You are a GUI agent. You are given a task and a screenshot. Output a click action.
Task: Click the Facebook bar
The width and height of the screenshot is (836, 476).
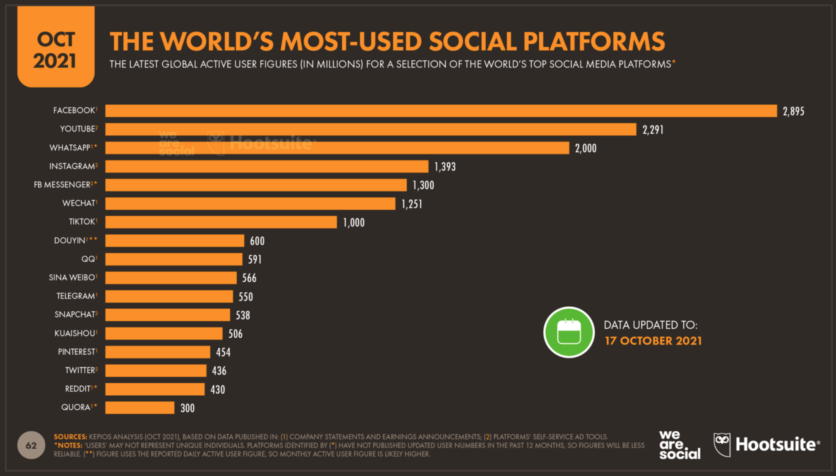click(441, 111)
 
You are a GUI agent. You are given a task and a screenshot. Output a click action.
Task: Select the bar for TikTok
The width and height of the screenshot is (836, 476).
click(221, 222)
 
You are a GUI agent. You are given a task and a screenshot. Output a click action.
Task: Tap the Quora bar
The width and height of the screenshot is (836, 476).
click(140, 408)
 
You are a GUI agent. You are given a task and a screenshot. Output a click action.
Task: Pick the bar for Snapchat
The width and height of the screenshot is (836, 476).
click(168, 315)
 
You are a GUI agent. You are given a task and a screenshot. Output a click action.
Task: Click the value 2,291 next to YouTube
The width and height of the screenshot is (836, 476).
click(653, 130)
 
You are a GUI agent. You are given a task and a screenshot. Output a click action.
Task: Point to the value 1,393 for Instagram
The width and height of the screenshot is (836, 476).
click(445, 167)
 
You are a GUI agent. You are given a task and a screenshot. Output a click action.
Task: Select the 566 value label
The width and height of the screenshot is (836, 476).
click(249, 278)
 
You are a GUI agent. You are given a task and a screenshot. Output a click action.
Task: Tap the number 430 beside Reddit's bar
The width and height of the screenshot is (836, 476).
click(218, 389)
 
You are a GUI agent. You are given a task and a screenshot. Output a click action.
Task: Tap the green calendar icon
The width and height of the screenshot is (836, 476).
click(569, 332)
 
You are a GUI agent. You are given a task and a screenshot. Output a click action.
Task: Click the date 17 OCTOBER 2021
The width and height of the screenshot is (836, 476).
click(653, 341)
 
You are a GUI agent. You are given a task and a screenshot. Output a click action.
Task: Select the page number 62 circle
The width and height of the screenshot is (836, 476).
click(31, 445)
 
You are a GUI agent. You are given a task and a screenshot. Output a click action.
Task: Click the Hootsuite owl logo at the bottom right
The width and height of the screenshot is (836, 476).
click(723, 445)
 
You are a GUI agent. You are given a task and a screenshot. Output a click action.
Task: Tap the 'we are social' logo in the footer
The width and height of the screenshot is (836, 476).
click(680, 445)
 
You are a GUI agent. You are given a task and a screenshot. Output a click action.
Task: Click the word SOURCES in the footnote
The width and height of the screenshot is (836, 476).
click(70, 437)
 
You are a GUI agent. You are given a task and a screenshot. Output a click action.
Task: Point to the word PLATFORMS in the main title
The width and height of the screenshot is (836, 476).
click(594, 41)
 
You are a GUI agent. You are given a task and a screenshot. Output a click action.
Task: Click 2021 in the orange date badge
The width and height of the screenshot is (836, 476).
click(55, 61)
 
